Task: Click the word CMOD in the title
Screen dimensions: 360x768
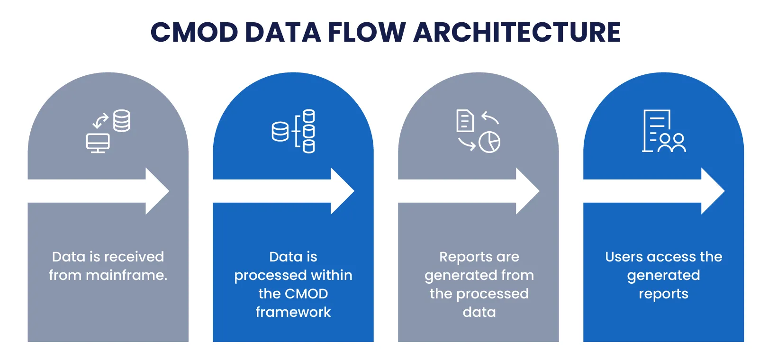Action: click(x=194, y=32)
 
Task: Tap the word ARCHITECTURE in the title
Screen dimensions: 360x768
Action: click(x=517, y=32)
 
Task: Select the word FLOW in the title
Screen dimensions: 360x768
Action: click(x=367, y=32)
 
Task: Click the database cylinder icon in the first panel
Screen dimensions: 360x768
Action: click(x=121, y=121)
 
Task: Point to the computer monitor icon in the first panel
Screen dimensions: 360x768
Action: click(x=98, y=143)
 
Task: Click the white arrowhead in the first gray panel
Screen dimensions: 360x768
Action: click(x=158, y=191)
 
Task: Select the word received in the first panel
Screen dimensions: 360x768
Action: click(x=134, y=257)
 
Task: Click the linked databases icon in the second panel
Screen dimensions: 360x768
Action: click(x=293, y=131)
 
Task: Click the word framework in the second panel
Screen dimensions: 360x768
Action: click(x=293, y=312)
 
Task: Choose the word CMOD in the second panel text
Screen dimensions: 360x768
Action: click(x=306, y=294)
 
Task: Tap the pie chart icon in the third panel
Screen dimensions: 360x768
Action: click(x=489, y=142)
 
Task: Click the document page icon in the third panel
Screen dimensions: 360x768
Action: click(x=465, y=120)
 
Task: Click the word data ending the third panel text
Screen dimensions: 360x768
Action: click(x=479, y=312)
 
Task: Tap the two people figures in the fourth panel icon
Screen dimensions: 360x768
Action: click(x=672, y=143)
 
